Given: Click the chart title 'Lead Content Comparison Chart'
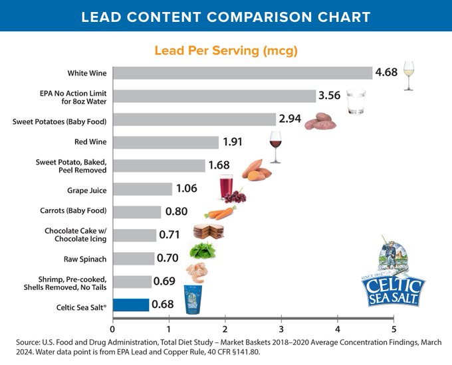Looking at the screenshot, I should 226,16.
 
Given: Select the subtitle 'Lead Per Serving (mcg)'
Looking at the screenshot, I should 225,50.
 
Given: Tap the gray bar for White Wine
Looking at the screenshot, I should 242,73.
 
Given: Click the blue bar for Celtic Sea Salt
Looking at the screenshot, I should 131,305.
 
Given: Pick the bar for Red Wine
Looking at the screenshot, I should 166,142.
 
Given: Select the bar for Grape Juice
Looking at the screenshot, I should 142,189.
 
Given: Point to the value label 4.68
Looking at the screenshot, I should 386,72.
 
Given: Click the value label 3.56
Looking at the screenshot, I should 330,96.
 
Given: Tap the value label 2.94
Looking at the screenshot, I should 290,119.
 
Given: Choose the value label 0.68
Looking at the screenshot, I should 163,305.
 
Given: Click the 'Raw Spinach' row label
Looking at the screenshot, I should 88,259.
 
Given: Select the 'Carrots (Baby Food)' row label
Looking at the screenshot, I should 74,212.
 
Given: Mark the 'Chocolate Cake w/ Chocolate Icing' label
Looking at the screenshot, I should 76,235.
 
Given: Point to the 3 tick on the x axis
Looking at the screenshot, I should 281,328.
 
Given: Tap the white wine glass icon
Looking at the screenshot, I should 409,77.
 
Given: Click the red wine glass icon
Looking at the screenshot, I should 275,146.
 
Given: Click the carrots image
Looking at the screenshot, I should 220,213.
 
